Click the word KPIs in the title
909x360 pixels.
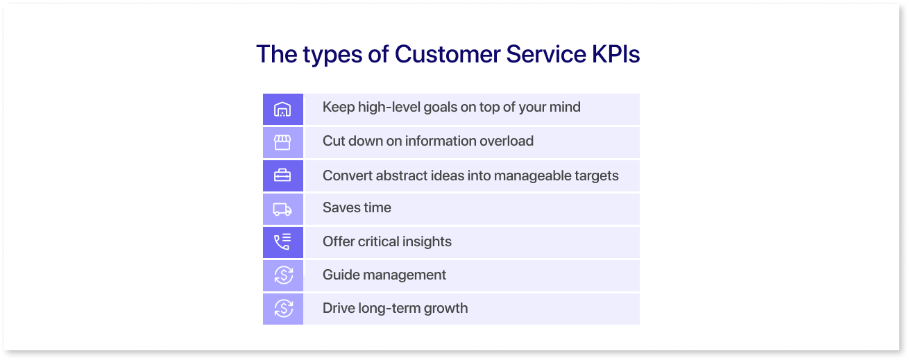615,54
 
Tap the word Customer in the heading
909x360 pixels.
447,54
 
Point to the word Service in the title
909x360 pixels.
546,54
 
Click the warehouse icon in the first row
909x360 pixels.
282,109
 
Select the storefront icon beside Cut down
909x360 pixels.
282,142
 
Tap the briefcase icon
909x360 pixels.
282,175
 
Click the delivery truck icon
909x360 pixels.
282,209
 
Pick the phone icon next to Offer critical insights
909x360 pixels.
282,242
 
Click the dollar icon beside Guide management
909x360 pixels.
284,275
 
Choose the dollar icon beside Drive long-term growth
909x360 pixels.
284,309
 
